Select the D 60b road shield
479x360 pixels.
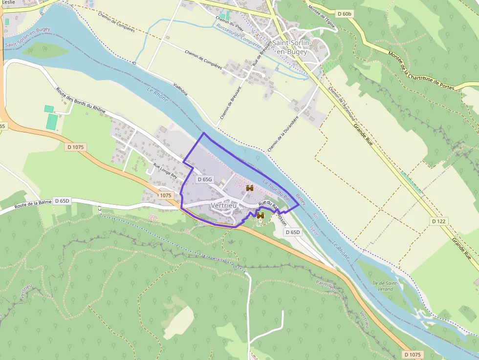click(x=344, y=14)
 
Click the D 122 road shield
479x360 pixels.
click(x=439, y=221)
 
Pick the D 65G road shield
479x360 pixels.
click(x=205, y=179)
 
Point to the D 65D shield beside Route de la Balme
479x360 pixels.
click(x=62, y=201)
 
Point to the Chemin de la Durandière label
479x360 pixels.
click(x=283, y=133)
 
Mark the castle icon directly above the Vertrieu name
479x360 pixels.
click(x=250, y=188)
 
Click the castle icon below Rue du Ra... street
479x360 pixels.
click(x=260, y=215)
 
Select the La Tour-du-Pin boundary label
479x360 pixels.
click(x=277, y=191)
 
